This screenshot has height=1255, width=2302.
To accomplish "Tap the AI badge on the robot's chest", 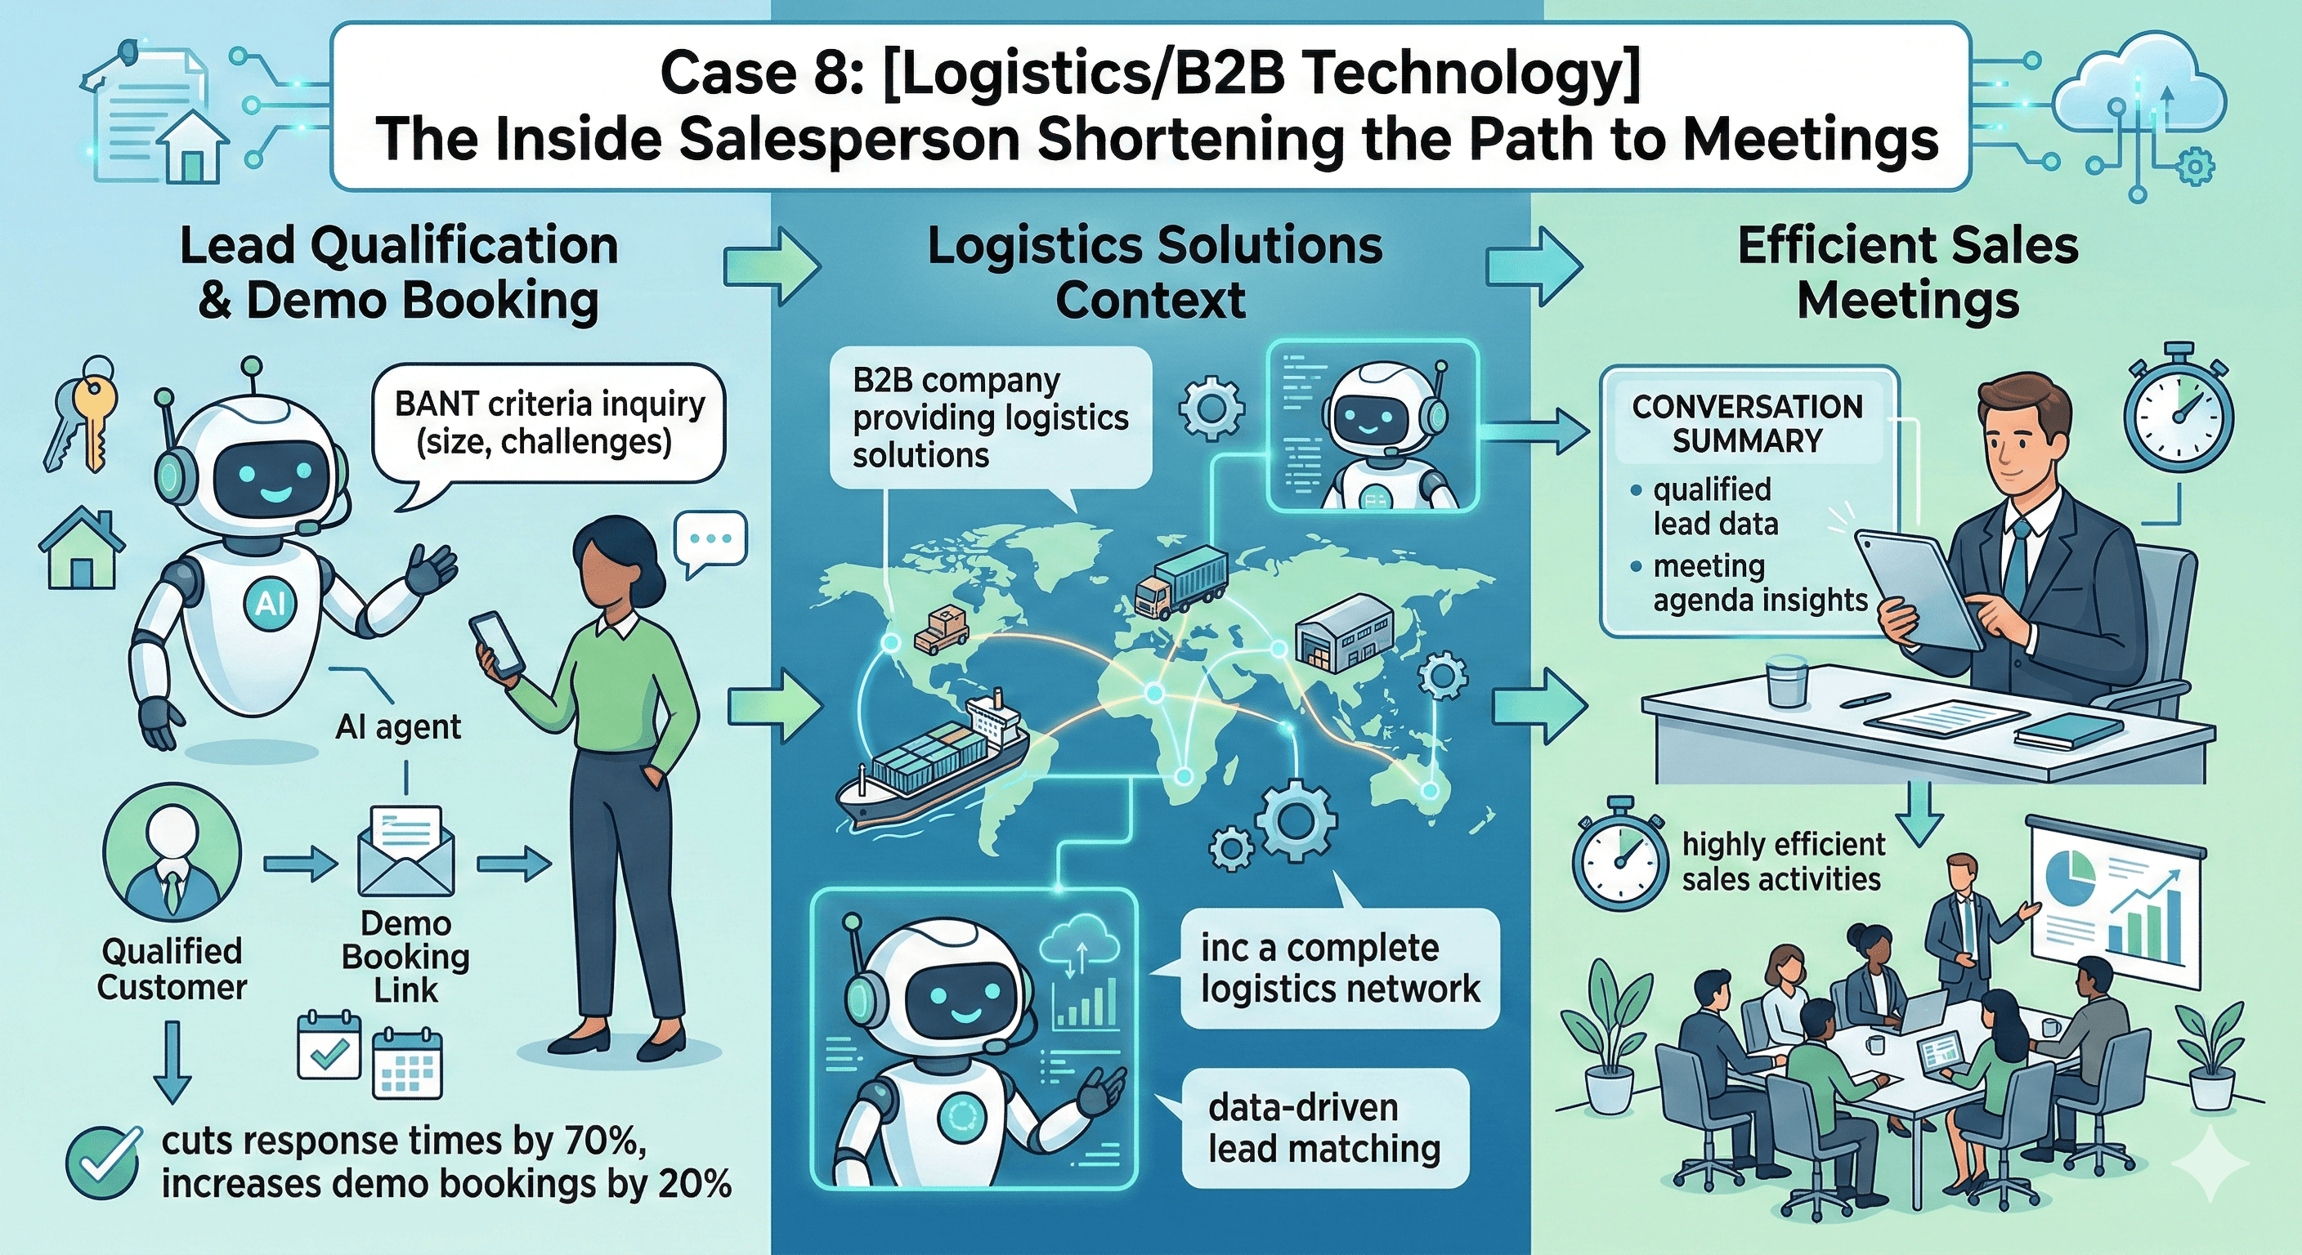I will (269, 604).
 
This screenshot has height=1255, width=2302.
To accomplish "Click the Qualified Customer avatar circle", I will (172, 862).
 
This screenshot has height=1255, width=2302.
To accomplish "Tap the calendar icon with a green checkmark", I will (328, 1046).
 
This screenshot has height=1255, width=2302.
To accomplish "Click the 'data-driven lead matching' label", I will (1323, 1128).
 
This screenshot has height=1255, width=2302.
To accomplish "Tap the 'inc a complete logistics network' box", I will (1339, 968).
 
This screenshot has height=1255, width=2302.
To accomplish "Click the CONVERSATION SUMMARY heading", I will (1746, 423).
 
